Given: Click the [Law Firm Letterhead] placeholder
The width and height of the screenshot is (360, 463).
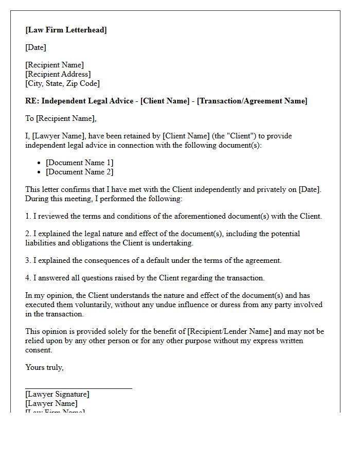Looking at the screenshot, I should click(66, 30).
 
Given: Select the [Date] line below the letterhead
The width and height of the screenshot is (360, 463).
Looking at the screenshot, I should click(35, 47).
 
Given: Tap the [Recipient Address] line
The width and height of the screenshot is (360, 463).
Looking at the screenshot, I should click(58, 74).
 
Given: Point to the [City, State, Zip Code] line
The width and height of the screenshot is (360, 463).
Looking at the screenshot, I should click(62, 83).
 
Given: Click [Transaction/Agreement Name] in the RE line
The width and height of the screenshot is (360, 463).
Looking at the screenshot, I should click(253, 101).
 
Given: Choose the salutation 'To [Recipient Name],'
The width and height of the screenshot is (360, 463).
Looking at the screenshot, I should click(61, 118).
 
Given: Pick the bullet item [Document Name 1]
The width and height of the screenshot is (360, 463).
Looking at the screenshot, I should click(79, 163).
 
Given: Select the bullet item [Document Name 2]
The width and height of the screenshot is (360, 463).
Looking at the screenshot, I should click(79, 172).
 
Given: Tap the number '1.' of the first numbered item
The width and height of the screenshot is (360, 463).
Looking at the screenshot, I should click(28, 216).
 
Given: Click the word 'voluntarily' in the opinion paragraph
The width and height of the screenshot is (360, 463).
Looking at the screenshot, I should click(88, 305).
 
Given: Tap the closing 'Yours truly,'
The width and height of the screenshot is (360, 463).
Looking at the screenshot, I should click(44, 367).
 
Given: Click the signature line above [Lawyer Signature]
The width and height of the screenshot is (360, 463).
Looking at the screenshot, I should click(79, 388).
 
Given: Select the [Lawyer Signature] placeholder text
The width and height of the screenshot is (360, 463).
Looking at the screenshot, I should click(57, 394).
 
